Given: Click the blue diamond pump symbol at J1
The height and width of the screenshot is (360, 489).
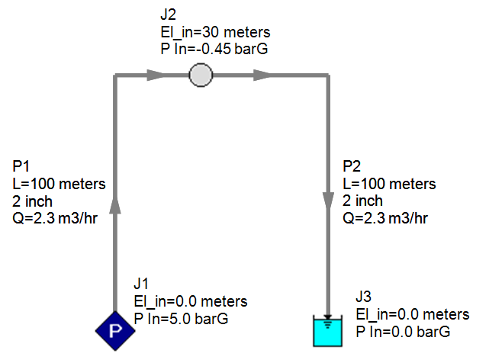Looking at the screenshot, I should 115,329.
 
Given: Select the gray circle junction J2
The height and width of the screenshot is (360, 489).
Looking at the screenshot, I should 200,75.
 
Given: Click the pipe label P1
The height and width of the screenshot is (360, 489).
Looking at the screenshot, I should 23,167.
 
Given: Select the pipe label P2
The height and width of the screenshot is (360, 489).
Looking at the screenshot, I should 353,168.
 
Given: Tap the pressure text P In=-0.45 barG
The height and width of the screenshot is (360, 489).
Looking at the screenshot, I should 210,49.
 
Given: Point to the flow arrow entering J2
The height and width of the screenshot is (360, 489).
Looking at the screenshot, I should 155,75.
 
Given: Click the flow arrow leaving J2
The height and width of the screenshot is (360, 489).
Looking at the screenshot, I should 262,75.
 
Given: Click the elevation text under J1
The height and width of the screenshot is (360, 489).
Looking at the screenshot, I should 190,301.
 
